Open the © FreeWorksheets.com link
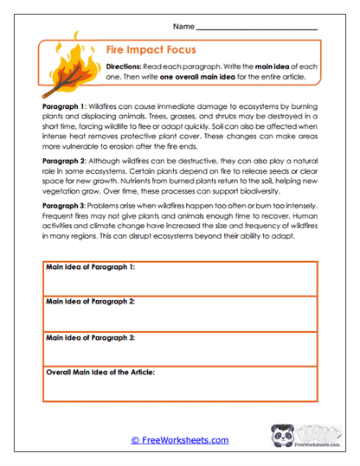coord(179,439)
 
